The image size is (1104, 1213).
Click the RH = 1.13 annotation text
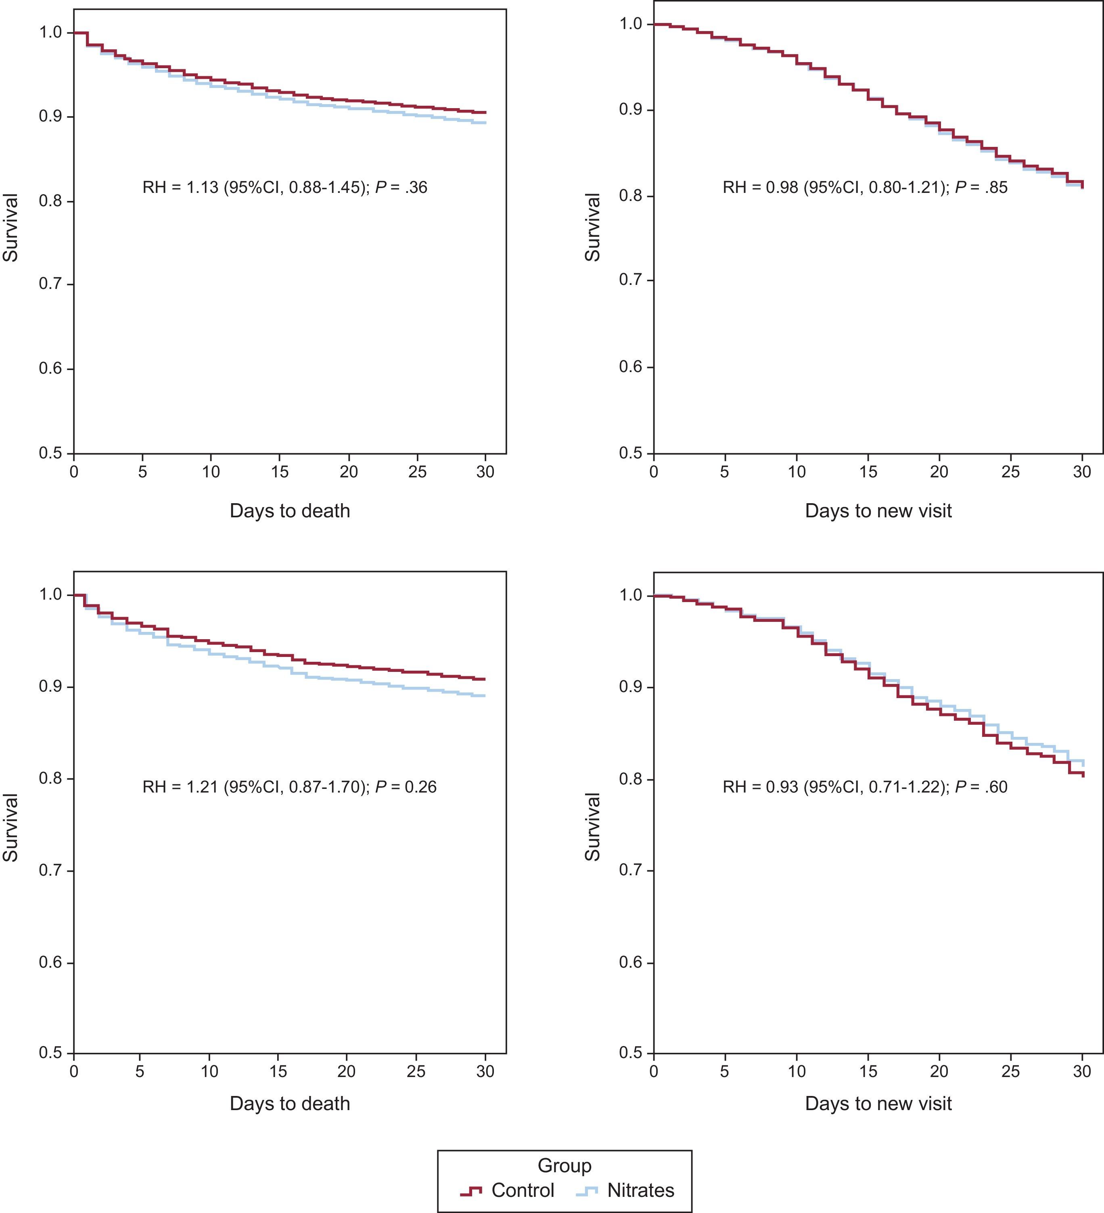tap(284, 188)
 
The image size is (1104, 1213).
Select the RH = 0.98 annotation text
tap(865, 188)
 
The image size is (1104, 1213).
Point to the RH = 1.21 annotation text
tap(289, 786)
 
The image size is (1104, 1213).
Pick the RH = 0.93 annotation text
tap(865, 786)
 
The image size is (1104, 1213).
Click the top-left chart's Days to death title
tap(289, 511)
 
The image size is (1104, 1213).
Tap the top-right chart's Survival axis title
tap(593, 228)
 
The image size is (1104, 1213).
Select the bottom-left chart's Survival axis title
tap(10, 827)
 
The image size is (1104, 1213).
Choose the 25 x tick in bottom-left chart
tap(416, 1072)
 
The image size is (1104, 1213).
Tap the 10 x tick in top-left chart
tap(211, 471)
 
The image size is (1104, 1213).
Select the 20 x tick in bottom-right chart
tap(939, 1072)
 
